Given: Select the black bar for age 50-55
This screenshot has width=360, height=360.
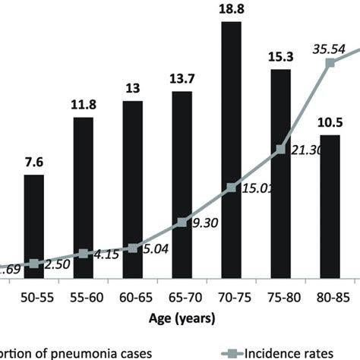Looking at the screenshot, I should tap(34, 220).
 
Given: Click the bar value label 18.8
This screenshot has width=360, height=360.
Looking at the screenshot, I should tap(231, 10).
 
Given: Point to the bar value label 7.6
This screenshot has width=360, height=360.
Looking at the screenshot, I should tap(34, 161).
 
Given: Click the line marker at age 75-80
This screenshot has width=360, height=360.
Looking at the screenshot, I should tap(280, 150).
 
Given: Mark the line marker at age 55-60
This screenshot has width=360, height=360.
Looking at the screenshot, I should tap(84, 254).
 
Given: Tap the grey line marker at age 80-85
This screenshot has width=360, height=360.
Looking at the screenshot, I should tap(330, 64).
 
